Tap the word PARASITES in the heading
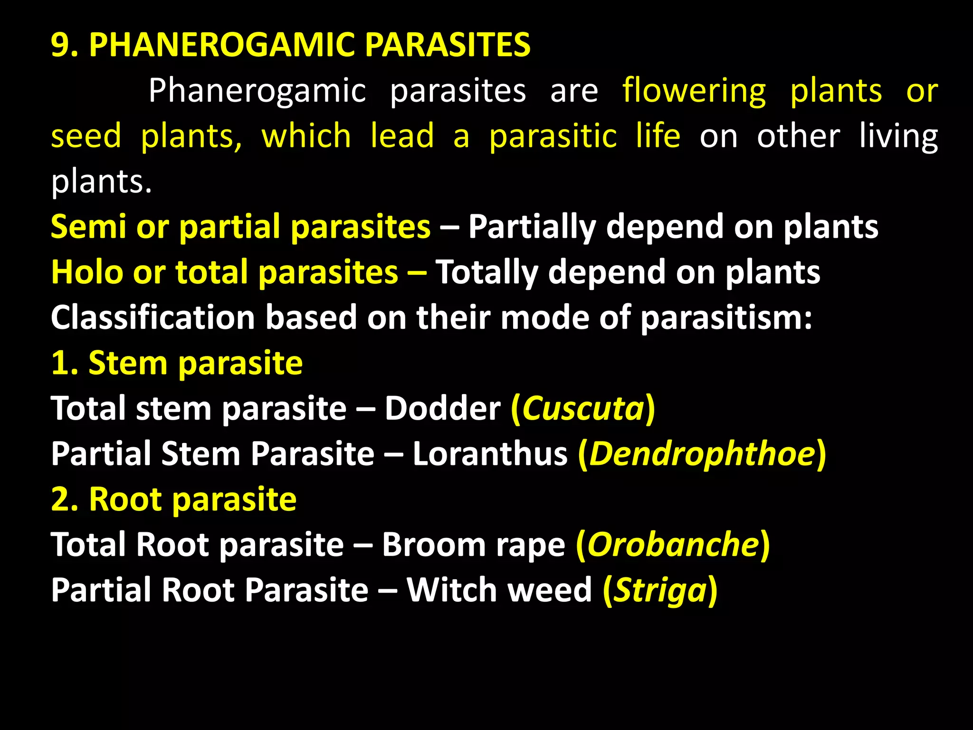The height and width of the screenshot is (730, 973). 448,45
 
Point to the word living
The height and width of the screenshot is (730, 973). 898,136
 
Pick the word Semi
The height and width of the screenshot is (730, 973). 88,227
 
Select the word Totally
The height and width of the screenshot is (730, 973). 487,272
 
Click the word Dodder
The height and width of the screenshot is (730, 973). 442,408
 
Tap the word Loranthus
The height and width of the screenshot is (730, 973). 490,453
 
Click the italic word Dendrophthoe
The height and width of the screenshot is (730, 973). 702,453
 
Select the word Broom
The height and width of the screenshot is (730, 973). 434,544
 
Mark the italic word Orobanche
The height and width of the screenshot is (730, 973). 673,544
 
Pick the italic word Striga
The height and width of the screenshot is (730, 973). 660,590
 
